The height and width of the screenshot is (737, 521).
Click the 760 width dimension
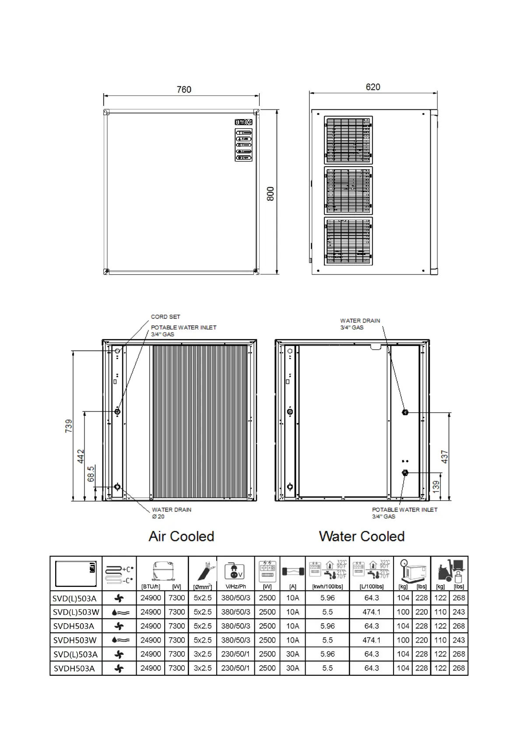(x=184, y=89)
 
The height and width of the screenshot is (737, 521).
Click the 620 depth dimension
(x=373, y=87)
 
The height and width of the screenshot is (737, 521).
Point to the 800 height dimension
(x=271, y=193)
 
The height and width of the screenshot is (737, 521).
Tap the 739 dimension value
(x=69, y=426)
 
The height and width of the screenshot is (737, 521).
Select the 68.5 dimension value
(x=91, y=474)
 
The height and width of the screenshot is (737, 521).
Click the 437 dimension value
(x=445, y=456)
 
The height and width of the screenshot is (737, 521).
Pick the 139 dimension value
(x=436, y=487)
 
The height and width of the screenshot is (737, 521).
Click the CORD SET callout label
(x=165, y=316)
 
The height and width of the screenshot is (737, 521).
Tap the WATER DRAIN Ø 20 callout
(x=171, y=513)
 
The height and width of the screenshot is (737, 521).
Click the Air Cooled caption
(x=181, y=536)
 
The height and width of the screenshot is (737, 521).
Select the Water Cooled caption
(x=362, y=536)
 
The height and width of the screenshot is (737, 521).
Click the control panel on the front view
(x=243, y=140)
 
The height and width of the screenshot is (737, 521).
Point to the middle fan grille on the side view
(x=349, y=190)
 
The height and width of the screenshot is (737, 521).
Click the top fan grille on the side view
(x=349, y=140)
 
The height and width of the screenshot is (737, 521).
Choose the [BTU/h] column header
(x=151, y=586)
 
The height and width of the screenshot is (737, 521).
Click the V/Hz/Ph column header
(x=236, y=586)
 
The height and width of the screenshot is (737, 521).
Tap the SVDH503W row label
(x=75, y=640)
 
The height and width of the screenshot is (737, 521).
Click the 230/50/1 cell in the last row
(x=236, y=668)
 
